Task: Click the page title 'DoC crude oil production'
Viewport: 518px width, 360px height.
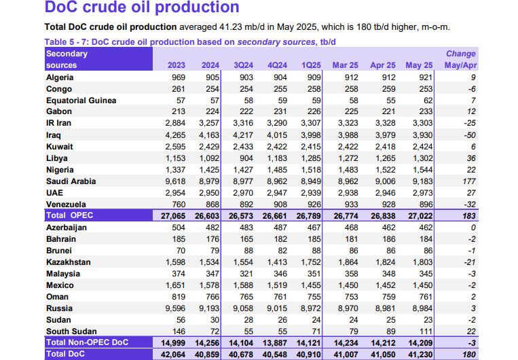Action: point(142,8)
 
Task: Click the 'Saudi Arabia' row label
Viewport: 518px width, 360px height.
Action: point(71,181)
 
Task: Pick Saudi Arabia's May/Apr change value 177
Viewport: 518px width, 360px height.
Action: point(468,181)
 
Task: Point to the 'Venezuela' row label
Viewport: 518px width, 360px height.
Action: point(67,204)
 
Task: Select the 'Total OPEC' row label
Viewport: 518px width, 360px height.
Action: point(71,216)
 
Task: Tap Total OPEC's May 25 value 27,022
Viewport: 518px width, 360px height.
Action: point(418,216)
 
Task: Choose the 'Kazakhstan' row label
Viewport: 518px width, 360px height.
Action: point(69,262)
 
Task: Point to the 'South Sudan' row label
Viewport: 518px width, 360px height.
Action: point(71,331)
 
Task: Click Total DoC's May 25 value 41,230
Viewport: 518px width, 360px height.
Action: point(418,354)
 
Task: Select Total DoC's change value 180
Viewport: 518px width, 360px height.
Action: point(468,354)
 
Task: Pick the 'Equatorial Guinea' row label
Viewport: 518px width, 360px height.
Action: point(81,101)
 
